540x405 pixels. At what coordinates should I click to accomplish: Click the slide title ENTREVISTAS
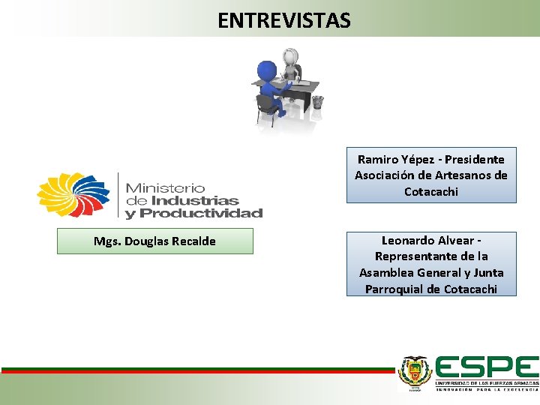pos(283,20)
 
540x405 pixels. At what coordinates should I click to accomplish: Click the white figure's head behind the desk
pos(290,57)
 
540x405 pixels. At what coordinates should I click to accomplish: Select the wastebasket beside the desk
pos(317,101)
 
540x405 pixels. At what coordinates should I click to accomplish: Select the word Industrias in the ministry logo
pos(194,200)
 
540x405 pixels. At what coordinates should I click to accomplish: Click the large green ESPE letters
pos(487,367)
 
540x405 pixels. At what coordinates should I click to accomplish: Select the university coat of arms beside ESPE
pos(414,372)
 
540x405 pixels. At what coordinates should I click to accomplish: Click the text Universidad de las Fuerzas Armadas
pos(487,382)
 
